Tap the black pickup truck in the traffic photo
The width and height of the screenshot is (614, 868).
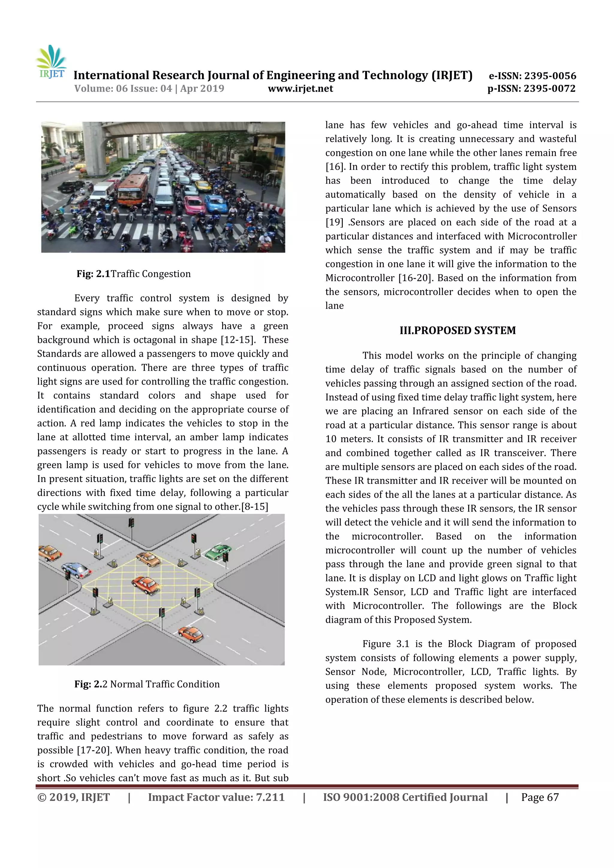pyautogui.click(x=71, y=186)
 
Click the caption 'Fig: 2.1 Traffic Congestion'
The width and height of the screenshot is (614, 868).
pyautogui.click(x=133, y=274)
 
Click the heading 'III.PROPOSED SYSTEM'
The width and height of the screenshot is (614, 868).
pyautogui.click(x=458, y=330)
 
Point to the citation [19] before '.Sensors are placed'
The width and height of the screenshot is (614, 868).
pyautogui.click(x=334, y=222)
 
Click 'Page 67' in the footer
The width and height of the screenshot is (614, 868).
pyautogui.click(x=540, y=797)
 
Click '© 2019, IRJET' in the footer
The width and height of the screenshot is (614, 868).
pyautogui.click(x=73, y=797)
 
